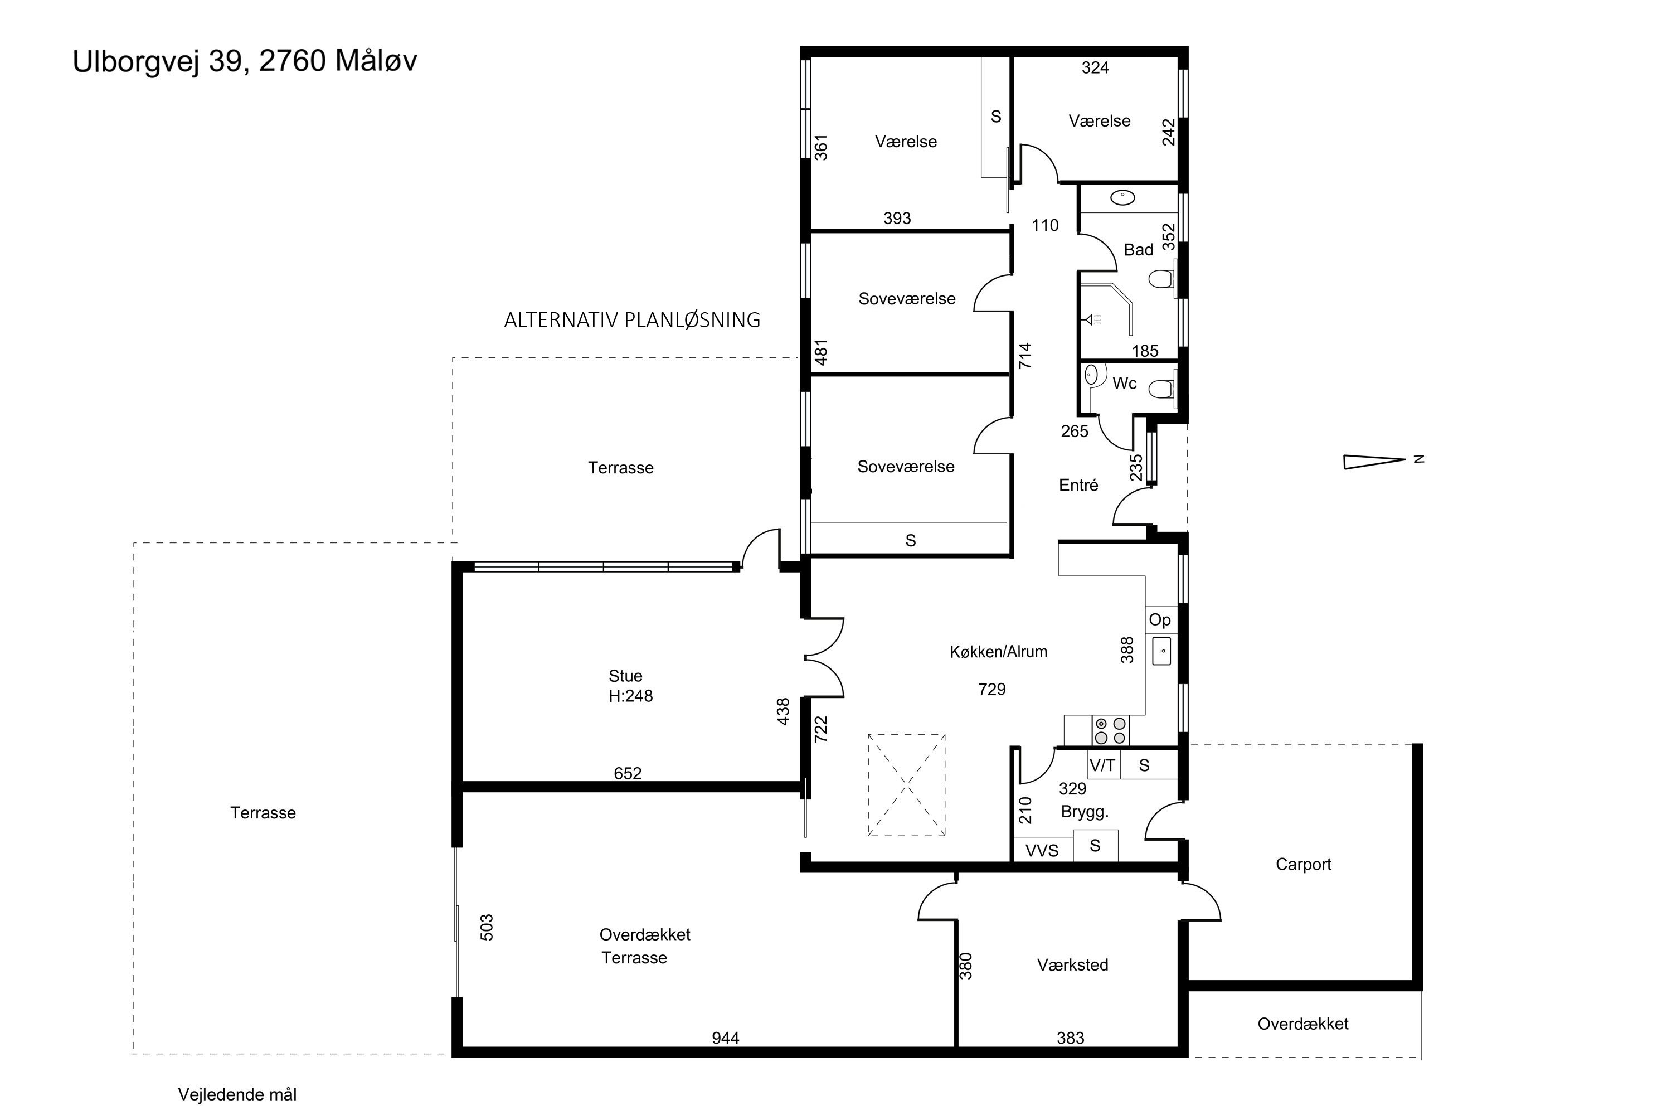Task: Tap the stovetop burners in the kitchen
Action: click(1110, 730)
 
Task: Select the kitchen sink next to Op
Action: click(1161, 651)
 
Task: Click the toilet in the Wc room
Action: click(1161, 388)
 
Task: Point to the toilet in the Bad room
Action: click(1161, 278)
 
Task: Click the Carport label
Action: click(1303, 864)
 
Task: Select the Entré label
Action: click(1078, 485)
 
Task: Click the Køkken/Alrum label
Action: click(998, 651)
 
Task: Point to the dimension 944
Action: click(725, 1038)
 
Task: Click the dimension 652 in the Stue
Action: click(628, 773)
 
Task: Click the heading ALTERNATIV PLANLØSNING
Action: click(632, 320)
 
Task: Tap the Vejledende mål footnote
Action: click(237, 1094)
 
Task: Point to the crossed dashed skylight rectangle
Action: click(906, 785)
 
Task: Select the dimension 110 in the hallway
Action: click(1045, 225)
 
